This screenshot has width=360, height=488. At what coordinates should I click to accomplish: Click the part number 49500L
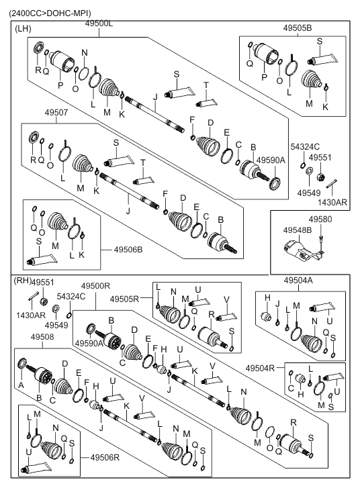99,23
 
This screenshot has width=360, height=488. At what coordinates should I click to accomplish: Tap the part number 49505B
297,28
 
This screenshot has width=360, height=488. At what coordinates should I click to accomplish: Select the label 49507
56,112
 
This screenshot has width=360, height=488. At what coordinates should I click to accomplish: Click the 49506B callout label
128,250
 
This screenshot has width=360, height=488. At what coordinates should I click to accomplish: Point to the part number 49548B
298,230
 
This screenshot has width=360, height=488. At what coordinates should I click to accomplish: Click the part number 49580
320,219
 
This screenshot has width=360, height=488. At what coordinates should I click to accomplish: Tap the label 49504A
298,281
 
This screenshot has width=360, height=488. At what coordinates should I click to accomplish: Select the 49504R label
260,368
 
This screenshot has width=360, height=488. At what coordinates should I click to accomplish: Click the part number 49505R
124,299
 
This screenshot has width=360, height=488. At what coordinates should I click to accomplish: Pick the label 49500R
95,286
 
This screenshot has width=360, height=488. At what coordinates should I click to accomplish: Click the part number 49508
42,337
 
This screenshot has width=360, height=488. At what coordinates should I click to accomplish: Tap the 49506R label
105,458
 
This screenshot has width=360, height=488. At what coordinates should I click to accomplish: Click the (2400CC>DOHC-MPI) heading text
50,13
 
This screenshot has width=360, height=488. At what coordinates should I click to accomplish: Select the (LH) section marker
23,29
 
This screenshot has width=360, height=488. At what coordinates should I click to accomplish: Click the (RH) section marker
22,281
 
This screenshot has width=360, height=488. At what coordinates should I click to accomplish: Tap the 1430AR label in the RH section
31,315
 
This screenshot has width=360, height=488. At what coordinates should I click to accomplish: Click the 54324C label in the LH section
305,146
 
